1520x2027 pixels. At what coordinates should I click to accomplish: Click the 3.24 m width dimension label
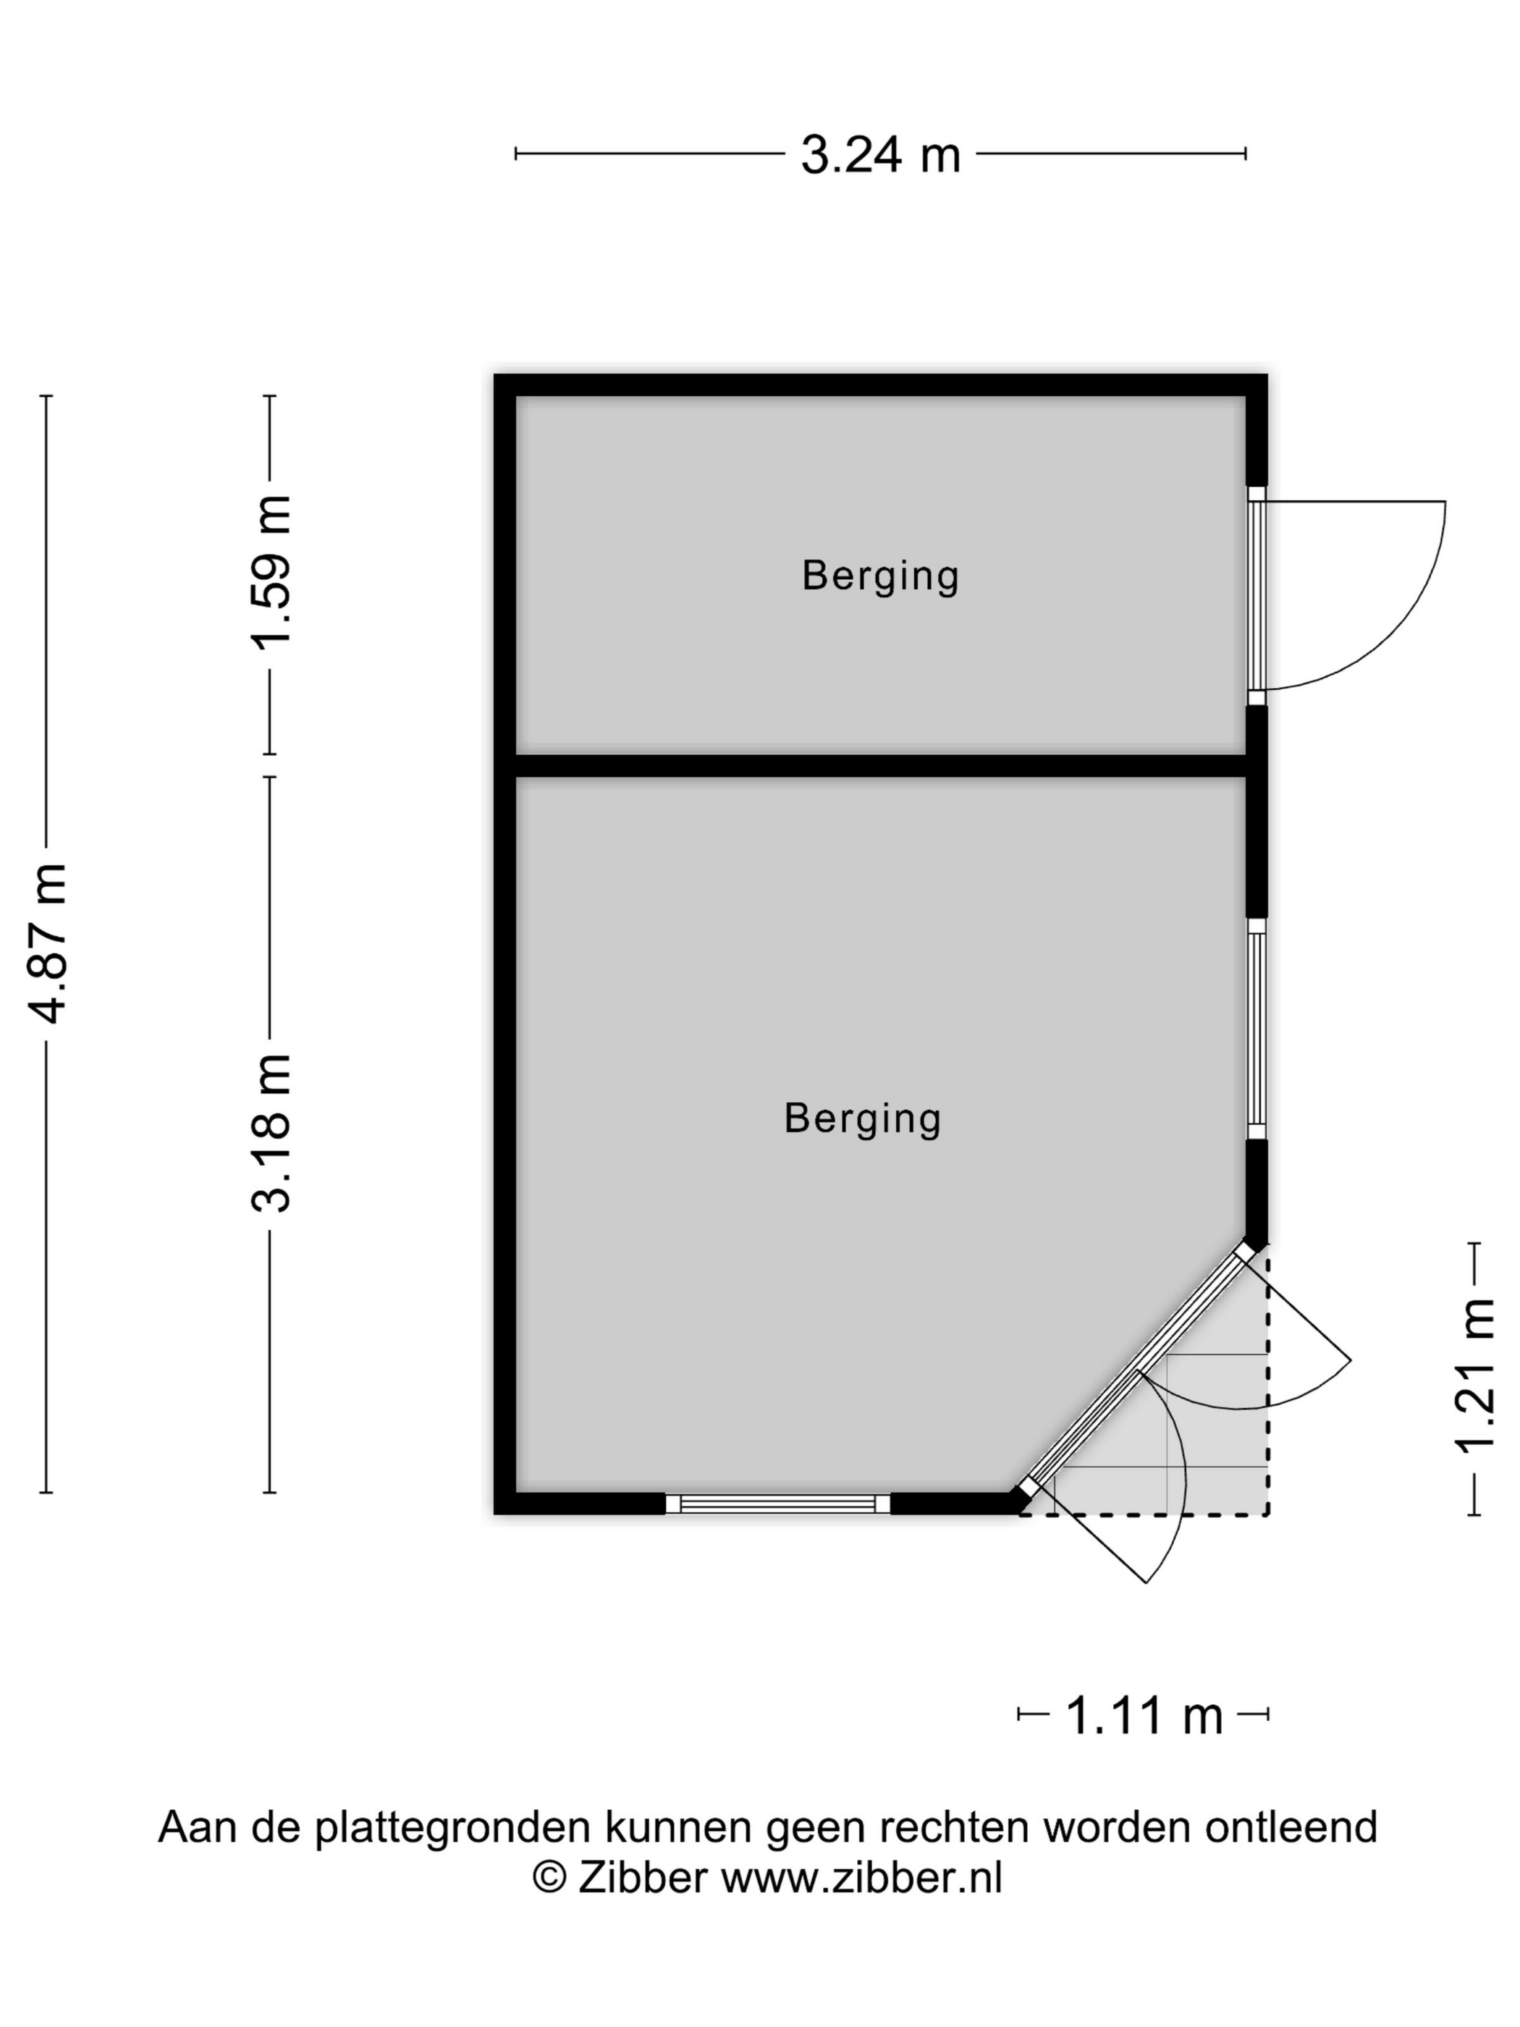pos(879,154)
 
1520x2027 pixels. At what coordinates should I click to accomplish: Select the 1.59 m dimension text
pos(271,572)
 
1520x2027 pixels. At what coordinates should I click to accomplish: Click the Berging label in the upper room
pos(879,576)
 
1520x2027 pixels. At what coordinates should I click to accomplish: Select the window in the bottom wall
pos(778,1504)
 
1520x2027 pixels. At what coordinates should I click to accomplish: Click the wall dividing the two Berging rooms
pos(880,765)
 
